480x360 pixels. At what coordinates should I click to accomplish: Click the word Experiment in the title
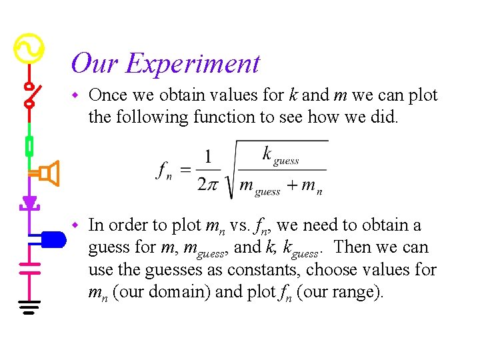[x=193, y=64]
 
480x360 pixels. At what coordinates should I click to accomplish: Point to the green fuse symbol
[x=29, y=145]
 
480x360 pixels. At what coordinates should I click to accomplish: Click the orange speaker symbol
[x=48, y=173]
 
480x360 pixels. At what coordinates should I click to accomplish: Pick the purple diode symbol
[x=29, y=201]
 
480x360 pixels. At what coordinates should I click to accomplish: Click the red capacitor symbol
[x=29, y=268]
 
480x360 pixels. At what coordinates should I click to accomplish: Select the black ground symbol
[x=29, y=307]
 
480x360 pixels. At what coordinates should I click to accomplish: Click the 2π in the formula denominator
[x=208, y=184]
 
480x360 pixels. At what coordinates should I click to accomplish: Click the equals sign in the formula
[x=186, y=171]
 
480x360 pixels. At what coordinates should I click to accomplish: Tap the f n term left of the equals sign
[x=165, y=171]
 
